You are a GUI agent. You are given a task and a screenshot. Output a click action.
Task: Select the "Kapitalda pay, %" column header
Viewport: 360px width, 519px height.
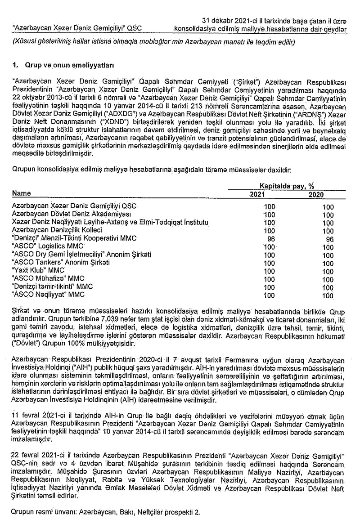(x=286, y=185)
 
